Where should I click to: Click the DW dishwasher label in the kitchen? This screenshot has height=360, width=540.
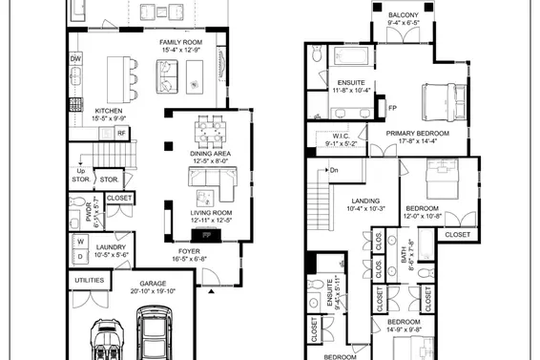coord(75,59)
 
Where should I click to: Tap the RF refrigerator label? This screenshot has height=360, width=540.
coord(122,134)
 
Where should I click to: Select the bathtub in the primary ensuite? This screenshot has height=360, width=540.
coord(355,57)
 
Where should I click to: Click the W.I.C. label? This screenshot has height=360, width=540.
coord(344,136)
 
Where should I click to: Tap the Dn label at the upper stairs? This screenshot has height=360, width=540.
coord(334,170)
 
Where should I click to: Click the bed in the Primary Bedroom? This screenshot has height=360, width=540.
coord(443,98)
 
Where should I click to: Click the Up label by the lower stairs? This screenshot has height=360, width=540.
coord(80,171)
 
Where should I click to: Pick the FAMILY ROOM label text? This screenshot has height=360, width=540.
coord(180,42)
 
